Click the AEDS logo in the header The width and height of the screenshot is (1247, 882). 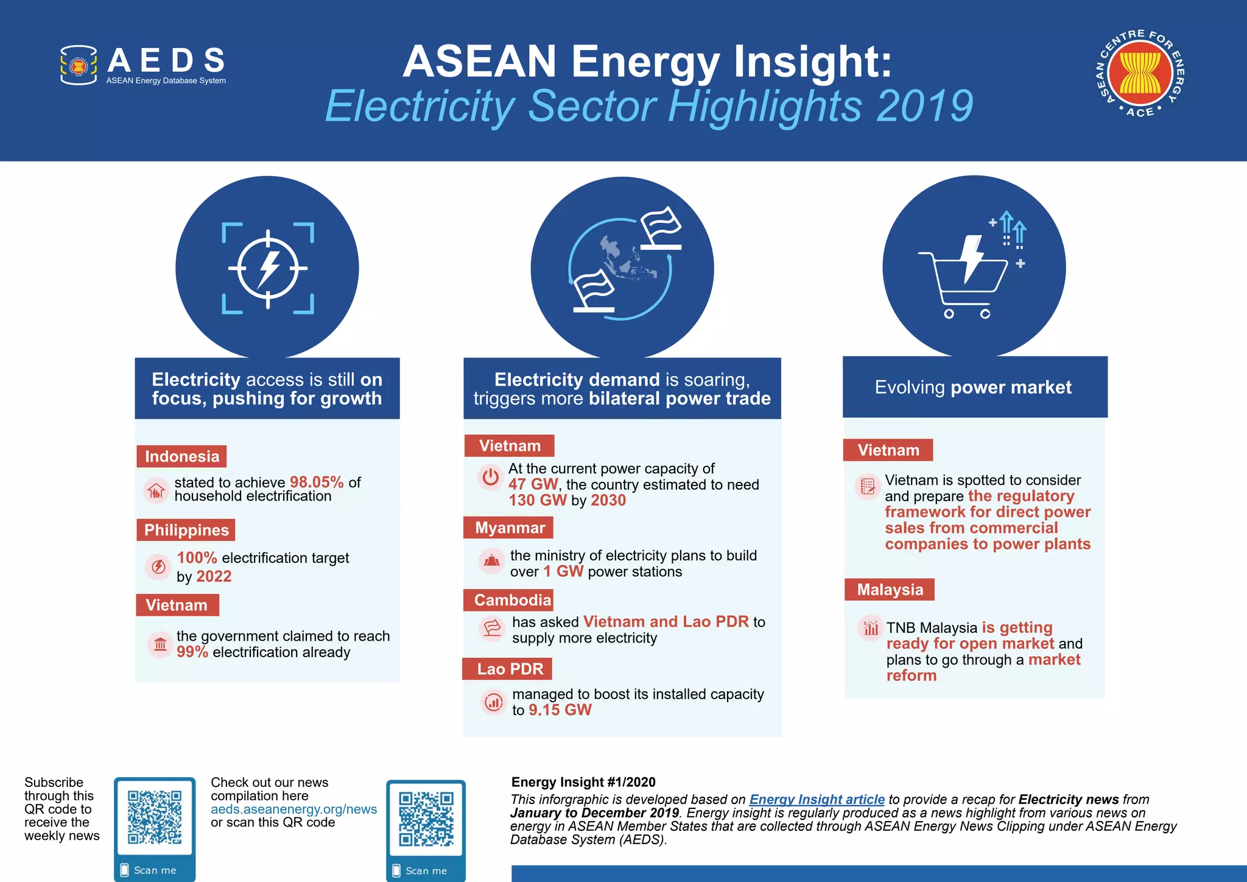[x=143, y=65]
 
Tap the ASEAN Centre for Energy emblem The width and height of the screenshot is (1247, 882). [x=1139, y=73]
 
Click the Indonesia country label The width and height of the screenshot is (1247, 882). [x=181, y=456]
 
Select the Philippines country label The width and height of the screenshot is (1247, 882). [x=186, y=530]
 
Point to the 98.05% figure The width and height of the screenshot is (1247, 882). [x=317, y=482]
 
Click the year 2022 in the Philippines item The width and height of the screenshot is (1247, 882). [x=214, y=576]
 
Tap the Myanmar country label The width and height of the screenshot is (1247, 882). [x=509, y=527]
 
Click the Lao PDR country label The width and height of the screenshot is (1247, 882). [x=509, y=669]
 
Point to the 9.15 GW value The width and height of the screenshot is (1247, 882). [x=560, y=710]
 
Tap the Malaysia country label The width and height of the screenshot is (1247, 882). [x=890, y=590]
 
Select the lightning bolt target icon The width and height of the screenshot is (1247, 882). [x=267, y=268]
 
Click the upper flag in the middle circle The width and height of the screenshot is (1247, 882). [x=661, y=228]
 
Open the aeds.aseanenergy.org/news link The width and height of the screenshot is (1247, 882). [x=293, y=809]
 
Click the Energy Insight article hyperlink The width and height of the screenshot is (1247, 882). [x=817, y=799]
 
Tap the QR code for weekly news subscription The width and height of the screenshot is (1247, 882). [x=155, y=817]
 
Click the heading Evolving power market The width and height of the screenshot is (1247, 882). [x=973, y=387]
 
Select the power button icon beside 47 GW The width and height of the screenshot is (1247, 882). [x=490, y=477]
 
